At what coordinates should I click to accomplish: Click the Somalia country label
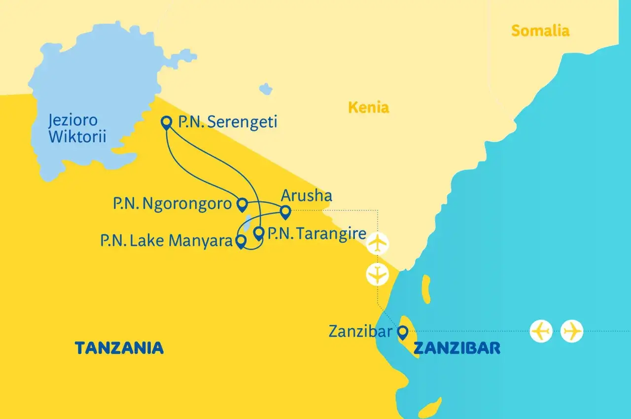tap(540, 31)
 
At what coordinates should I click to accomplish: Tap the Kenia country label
tap(368, 107)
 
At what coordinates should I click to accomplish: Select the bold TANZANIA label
tap(119, 348)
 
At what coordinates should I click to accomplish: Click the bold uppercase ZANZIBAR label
tap(456, 348)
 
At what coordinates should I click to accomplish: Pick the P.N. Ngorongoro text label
tap(172, 204)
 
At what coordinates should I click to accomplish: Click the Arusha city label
tap(306, 196)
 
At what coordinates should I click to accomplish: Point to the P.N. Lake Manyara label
tap(166, 241)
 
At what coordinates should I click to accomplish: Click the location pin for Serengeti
tap(167, 121)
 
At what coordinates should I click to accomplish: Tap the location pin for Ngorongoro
tap(242, 203)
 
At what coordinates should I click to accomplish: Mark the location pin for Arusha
tap(285, 212)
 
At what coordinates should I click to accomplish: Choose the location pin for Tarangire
tap(258, 232)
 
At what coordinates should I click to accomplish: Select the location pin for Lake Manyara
tap(241, 241)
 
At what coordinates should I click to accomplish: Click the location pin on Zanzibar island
tap(403, 333)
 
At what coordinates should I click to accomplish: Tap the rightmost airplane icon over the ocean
tap(572, 331)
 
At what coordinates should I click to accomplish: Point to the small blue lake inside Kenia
tap(266, 89)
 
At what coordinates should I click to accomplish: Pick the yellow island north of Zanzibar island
tap(425, 289)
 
